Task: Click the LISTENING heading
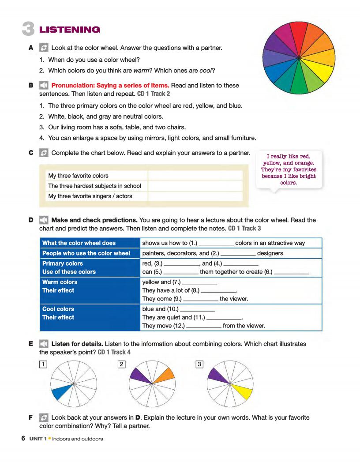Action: point(70,30)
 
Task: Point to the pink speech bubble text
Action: point(289,169)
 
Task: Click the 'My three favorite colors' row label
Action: point(78,176)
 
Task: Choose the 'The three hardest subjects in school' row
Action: point(94,186)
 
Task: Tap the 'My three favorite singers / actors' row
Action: point(90,196)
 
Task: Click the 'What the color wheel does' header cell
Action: point(79,243)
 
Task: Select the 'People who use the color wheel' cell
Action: point(86,253)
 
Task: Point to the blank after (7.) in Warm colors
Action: point(199,282)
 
